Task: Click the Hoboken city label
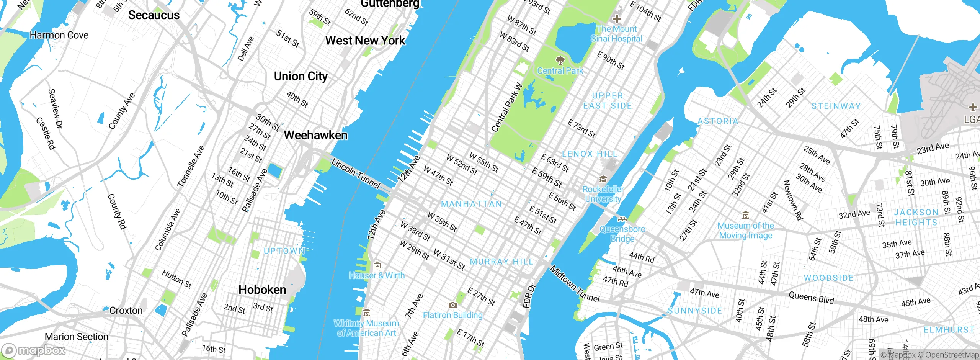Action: pos(262,290)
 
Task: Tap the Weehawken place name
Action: pos(316,135)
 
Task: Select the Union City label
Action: pos(301,76)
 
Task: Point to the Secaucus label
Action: pos(154,15)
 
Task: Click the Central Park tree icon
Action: pos(560,60)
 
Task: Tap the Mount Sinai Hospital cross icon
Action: pos(616,18)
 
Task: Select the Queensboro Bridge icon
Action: pos(622,219)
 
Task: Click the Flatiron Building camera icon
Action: pos(452,305)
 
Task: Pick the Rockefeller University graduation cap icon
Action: pos(603,179)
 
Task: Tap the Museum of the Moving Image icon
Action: pos(745,215)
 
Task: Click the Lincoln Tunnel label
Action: pos(356,174)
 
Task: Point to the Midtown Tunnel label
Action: pos(575,284)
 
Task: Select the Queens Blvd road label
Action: pos(811,298)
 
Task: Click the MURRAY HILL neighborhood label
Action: pos(501,262)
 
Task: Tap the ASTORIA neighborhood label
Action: pos(718,121)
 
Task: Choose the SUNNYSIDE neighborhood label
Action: pos(695,311)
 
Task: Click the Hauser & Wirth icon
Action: pos(377,265)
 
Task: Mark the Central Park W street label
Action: pos(507,108)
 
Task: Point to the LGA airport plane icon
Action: pos(973,108)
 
